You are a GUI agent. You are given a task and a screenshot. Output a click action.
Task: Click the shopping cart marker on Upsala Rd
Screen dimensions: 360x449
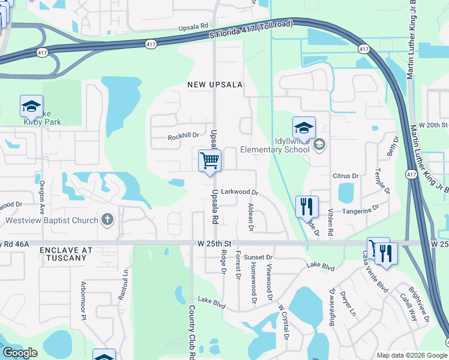(x=209, y=161)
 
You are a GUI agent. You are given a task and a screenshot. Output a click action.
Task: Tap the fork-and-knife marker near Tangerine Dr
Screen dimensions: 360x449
(x=307, y=207)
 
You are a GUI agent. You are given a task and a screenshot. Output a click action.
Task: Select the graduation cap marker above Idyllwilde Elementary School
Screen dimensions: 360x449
(x=304, y=128)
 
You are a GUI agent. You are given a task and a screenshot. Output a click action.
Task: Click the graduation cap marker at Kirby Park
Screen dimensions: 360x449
(x=31, y=107)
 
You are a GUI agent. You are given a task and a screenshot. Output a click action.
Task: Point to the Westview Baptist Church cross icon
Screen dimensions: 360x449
(x=107, y=220)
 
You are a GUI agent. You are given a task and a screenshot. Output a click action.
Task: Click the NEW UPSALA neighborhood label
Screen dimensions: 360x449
(x=214, y=85)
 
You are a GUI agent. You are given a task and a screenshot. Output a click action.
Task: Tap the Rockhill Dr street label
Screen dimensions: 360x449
(x=183, y=137)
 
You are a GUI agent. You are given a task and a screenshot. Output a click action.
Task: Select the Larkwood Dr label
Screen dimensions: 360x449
(x=239, y=193)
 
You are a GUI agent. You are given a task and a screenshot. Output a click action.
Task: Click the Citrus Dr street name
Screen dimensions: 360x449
(x=345, y=176)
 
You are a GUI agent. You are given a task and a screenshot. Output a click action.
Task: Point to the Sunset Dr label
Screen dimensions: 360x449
(x=259, y=256)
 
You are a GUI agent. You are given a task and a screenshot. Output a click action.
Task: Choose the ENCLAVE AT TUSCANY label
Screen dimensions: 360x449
(x=66, y=253)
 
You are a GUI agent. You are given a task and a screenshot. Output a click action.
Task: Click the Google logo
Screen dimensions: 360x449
(x=19, y=353)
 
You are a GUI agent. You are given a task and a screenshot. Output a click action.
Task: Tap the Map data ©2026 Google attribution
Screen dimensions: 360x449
(x=412, y=355)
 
